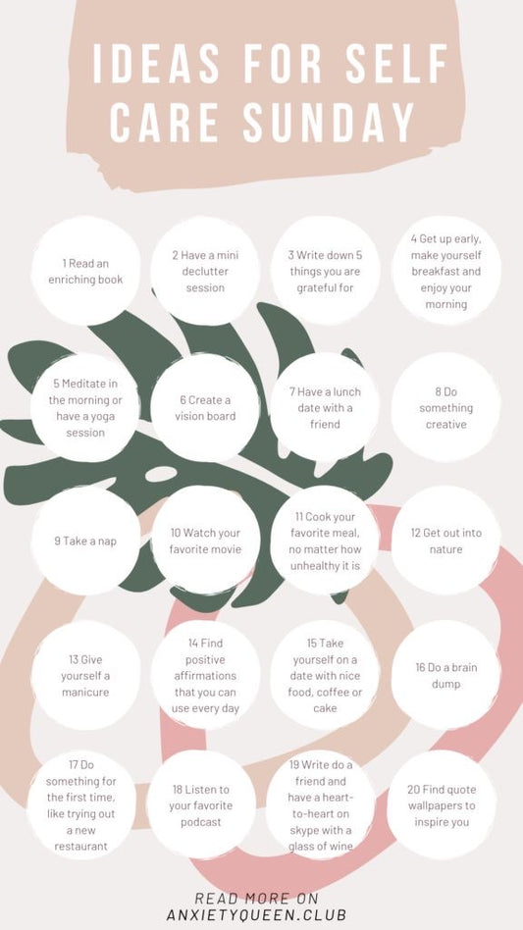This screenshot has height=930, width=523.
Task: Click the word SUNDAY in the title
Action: (328, 123)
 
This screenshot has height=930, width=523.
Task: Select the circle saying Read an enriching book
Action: (86, 271)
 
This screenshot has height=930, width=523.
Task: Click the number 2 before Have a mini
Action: (176, 255)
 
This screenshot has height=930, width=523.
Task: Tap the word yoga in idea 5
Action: (104, 416)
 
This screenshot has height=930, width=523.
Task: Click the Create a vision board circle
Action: (205, 408)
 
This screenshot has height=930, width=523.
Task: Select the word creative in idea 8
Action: (445, 424)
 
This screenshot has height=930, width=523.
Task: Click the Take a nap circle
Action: (86, 541)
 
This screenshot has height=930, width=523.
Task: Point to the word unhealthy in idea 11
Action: (316, 565)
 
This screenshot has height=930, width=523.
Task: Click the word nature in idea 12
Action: (445, 549)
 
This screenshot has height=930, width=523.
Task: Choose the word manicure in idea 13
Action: (85, 693)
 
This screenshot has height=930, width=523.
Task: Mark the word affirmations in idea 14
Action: (205, 676)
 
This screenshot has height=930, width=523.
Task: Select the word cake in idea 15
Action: (325, 708)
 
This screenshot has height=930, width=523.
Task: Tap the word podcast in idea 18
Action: (201, 822)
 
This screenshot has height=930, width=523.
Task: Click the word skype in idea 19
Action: (305, 830)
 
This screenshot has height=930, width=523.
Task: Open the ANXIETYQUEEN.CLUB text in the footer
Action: (256, 914)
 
